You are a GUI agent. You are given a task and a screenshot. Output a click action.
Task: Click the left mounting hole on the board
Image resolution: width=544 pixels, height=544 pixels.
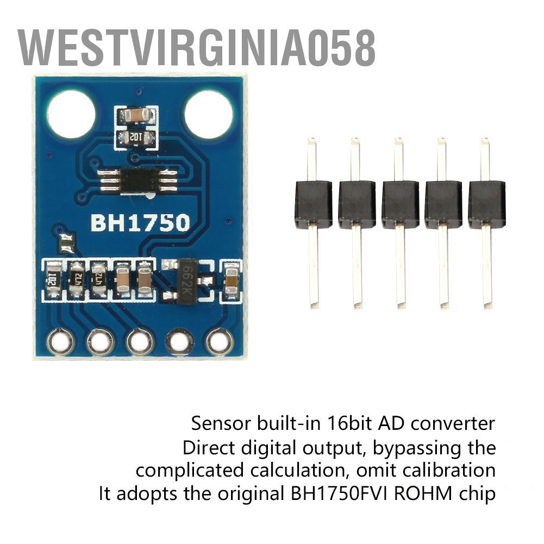(71, 114)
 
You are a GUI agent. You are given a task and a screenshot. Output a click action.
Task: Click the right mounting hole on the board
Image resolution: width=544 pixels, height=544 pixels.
(209, 114)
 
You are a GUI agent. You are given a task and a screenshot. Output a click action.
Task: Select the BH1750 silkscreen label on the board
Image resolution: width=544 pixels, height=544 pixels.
(141, 223)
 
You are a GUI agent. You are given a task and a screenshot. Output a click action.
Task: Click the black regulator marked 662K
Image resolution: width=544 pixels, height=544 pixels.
(186, 280)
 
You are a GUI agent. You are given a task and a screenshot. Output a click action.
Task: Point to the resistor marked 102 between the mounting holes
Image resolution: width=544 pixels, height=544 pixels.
(136, 137)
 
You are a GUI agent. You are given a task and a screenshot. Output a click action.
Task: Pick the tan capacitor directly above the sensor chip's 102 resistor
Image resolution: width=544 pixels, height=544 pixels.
(136, 115)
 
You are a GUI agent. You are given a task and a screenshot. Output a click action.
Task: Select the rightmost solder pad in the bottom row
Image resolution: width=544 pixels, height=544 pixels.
(218, 342)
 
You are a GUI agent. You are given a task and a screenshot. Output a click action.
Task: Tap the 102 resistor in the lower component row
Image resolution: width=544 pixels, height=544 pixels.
(53, 280)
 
